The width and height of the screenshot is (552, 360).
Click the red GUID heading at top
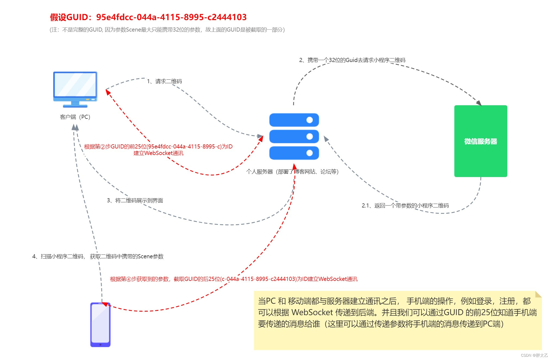[x=148, y=17]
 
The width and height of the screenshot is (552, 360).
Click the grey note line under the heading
[x=167, y=30]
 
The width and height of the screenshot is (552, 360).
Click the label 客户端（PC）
[x=75, y=117]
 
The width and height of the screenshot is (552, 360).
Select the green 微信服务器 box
[x=480, y=141]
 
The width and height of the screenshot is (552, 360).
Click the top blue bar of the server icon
[x=294, y=120]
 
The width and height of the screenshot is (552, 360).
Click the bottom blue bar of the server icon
[x=294, y=153]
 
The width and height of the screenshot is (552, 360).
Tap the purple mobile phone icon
[x=100, y=324]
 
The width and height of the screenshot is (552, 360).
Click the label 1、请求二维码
[x=164, y=81]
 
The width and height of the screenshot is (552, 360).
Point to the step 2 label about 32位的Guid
[x=352, y=60]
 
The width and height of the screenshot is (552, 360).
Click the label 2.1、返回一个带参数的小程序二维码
[x=405, y=206]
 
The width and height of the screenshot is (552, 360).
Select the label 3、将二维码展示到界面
[x=135, y=201]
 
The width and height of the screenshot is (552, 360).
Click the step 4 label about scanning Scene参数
[x=98, y=256]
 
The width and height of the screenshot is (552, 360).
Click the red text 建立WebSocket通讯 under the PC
[x=158, y=153]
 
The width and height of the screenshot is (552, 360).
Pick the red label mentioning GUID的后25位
[x=234, y=279]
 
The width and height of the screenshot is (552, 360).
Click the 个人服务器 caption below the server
[x=292, y=172]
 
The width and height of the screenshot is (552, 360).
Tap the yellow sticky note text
[x=397, y=313]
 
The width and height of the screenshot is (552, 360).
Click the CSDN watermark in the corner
[x=534, y=355]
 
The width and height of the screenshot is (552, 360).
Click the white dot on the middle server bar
[x=310, y=136]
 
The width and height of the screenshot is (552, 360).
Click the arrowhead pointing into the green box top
[x=479, y=103]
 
